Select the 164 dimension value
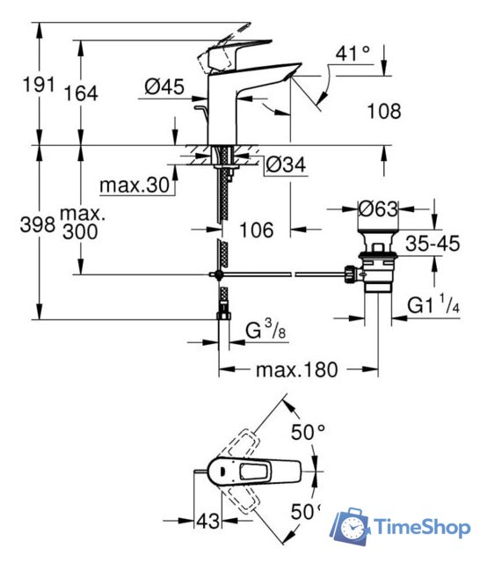pos(80,93)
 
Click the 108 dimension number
pos(383,112)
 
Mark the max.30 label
pos(134,186)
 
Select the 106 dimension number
pos(256,230)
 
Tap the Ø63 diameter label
pos(381,209)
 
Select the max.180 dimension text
pos(296,369)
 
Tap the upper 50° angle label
pos(309,433)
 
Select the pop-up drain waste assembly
pos(379,260)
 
